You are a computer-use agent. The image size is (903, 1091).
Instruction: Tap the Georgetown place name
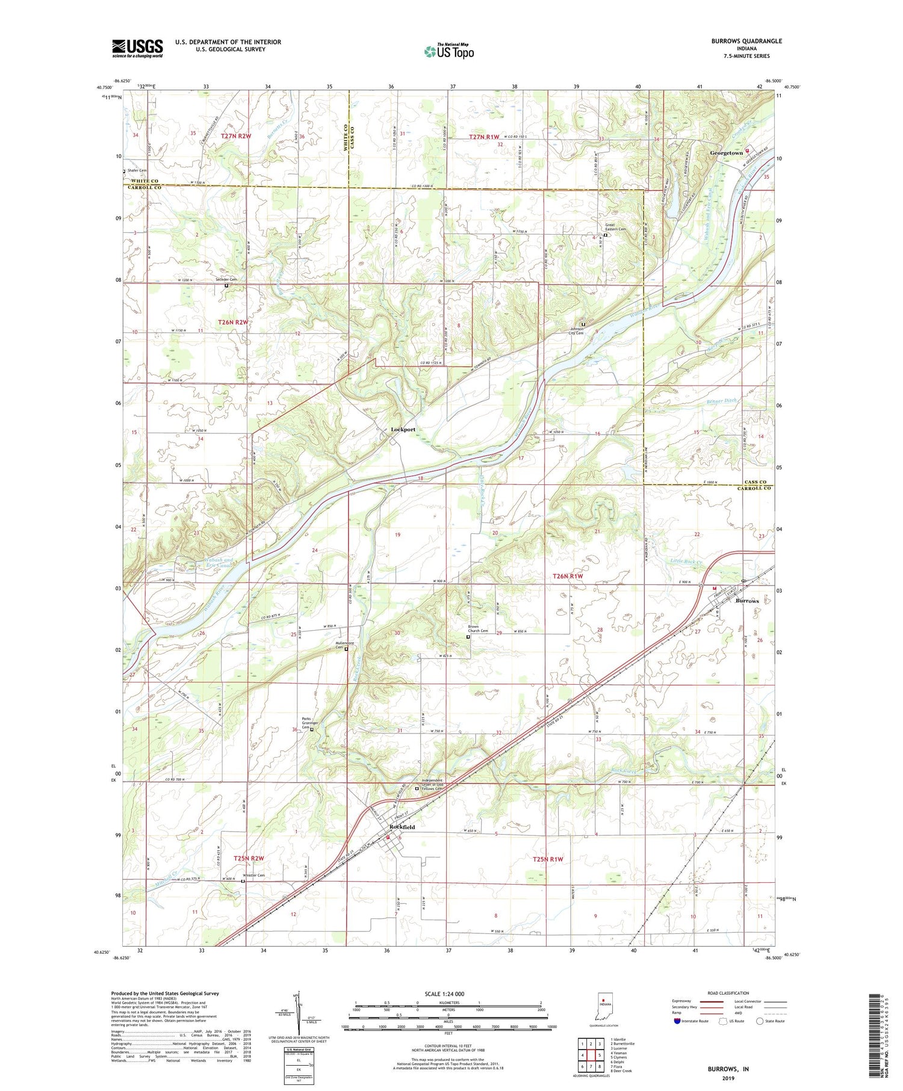(x=726, y=153)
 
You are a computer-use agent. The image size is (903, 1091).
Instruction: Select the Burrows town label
(x=747, y=601)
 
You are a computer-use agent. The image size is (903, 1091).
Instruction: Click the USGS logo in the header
(x=137, y=48)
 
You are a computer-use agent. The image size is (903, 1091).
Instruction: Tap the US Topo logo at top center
(x=448, y=51)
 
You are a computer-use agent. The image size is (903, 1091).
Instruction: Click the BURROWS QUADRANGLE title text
(x=746, y=41)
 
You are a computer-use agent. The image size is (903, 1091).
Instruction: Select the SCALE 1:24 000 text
(x=442, y=994)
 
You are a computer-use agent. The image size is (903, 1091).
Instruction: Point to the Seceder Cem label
(x=226, y=280)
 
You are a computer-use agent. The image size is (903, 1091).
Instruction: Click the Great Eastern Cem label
(x=615, y=228)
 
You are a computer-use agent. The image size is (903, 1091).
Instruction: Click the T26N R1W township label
(x=568, y=576)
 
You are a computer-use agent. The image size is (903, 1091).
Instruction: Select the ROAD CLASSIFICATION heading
(x=728, y=993)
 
